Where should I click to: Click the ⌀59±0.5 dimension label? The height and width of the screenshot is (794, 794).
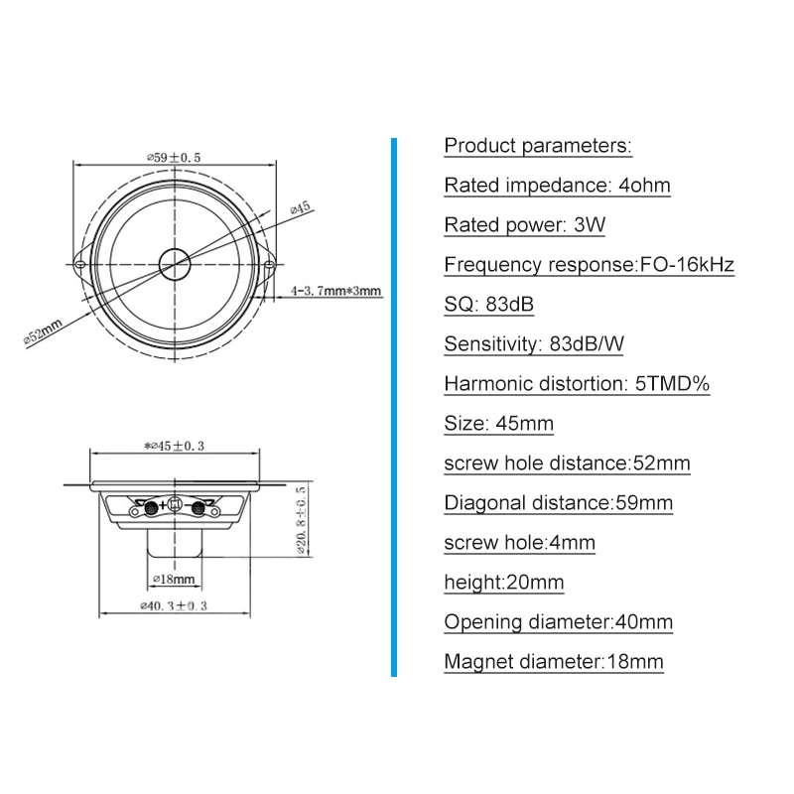(174, 158)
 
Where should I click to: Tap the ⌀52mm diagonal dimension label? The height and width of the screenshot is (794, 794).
(43, 332)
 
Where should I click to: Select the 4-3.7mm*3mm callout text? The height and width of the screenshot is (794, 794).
(335, 291)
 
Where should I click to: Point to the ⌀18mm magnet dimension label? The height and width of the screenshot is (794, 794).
(174, 579)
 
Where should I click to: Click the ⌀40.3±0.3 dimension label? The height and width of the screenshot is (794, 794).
(174, 605)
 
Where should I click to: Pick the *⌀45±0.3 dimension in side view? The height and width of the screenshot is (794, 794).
(174, 446)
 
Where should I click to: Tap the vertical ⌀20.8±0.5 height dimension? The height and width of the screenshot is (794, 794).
(301, 520)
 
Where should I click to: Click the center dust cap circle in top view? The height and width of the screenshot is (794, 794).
(175, 264)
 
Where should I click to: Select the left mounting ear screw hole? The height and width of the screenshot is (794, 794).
(79, 264)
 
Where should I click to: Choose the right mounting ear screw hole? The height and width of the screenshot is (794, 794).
(270, 264)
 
